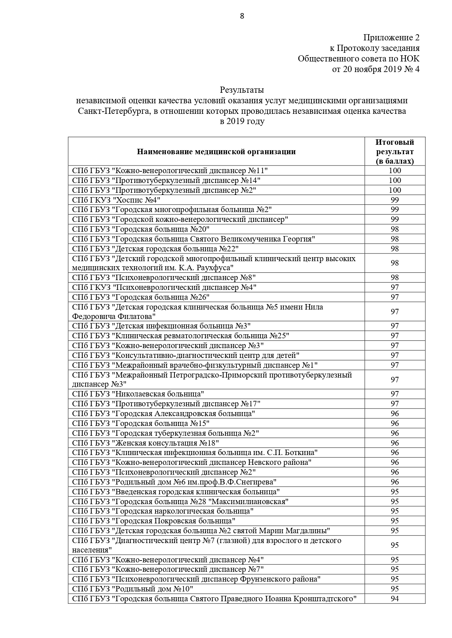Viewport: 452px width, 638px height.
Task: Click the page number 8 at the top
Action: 242,16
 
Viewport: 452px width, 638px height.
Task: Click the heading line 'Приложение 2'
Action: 391,37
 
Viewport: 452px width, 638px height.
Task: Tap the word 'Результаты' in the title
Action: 242,89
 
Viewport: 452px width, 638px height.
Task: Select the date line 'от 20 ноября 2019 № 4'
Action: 376,69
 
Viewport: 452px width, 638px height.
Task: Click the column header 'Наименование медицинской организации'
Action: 216,152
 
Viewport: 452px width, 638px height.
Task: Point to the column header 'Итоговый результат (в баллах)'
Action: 395,152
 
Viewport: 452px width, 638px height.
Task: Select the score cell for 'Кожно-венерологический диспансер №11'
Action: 395,171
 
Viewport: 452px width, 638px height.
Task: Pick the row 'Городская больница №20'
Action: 141,229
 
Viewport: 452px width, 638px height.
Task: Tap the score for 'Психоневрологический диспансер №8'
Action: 395,278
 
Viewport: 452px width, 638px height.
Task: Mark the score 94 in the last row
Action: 395,599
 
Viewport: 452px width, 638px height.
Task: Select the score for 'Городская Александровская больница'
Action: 395,414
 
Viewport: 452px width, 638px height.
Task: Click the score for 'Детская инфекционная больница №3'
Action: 395,326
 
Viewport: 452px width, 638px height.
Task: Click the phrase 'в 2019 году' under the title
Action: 242,121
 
